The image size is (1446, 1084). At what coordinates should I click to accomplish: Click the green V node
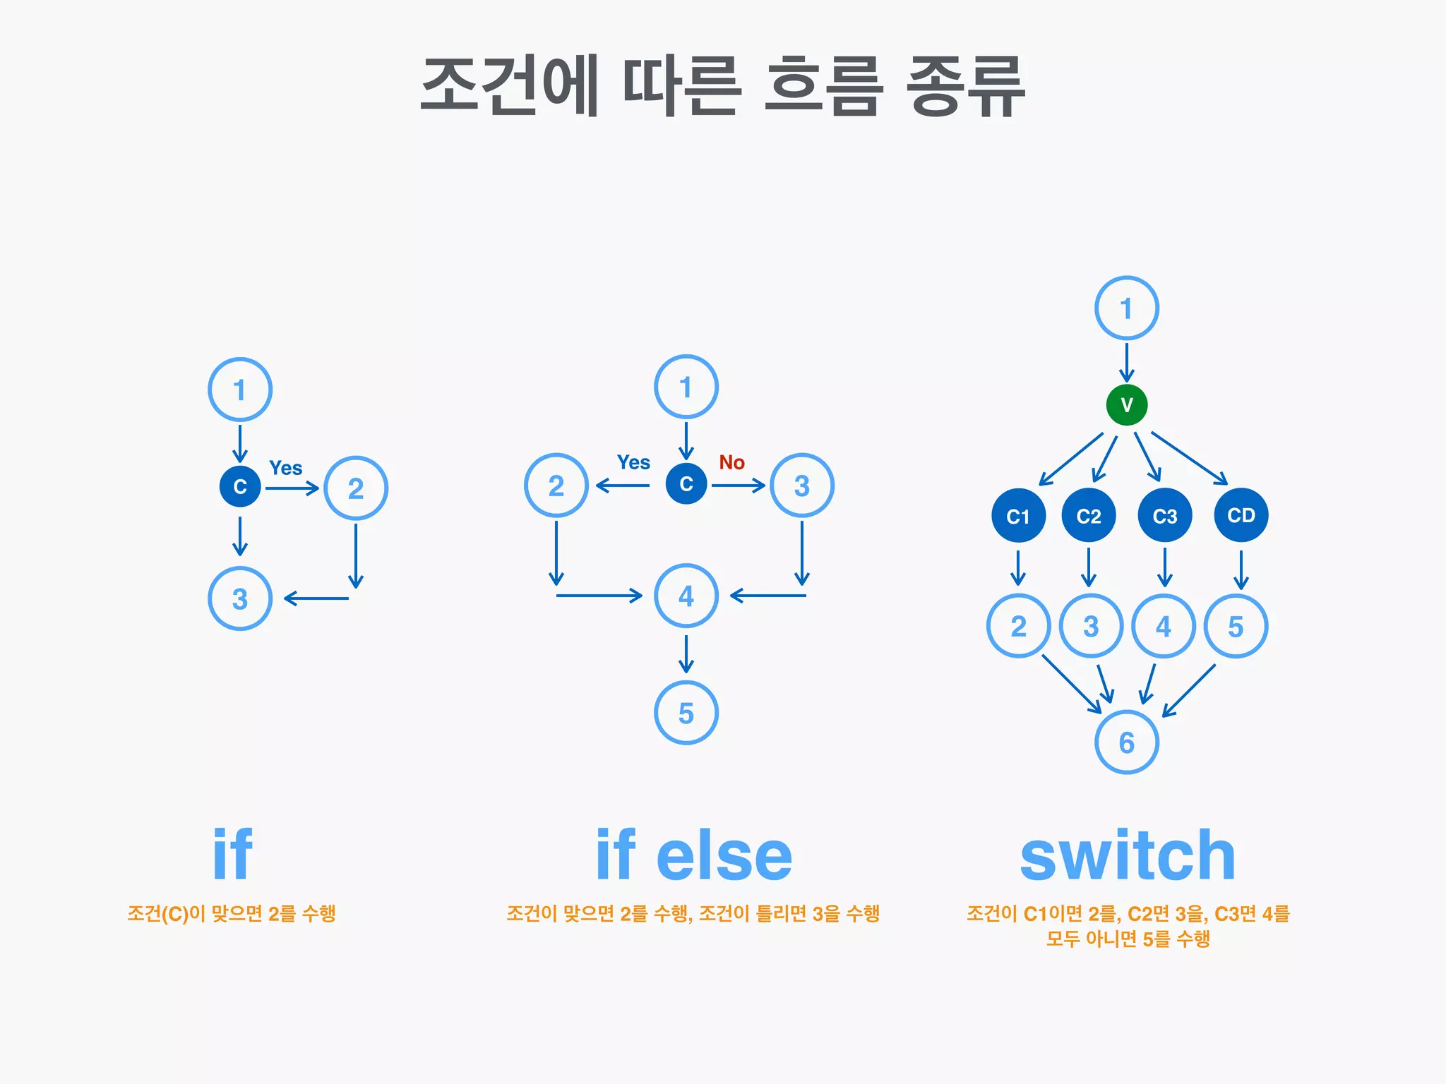click(1126, 405)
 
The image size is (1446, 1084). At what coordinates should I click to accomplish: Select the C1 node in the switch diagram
click(1018, 516)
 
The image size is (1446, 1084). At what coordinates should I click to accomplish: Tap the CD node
click(1241, 515)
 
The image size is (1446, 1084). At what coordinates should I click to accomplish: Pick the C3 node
click(1164, 516)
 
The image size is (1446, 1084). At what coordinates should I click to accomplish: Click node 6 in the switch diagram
click(1126, 742)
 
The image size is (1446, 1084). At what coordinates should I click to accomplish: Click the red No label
click(731, 462)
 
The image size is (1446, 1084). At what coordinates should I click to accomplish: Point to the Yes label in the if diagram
click(285, 468)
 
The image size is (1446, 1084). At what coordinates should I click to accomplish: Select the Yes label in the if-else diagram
click(633, 462)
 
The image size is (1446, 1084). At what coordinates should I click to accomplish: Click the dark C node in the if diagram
click(240, 486)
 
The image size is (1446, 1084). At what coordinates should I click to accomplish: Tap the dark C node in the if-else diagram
click(686, 483)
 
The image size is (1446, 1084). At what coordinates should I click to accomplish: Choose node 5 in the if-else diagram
click(686, 713)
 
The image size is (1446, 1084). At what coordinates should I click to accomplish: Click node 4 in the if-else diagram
click(686, 596)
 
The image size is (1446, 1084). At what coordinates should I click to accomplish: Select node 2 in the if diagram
click(356, 488)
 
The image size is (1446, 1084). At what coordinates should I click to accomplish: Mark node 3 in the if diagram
click(240, 598)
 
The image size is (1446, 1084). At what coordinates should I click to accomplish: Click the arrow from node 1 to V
click(1126, 361)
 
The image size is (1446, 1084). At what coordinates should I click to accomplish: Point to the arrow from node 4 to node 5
click(686, 654)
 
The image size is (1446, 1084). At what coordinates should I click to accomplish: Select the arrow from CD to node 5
click(1241, 569)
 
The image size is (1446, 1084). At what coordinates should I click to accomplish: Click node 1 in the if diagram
click(240, 390)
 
